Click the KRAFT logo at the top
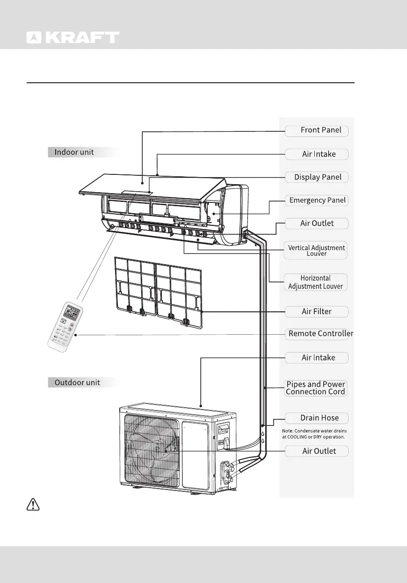73,37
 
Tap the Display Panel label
317,177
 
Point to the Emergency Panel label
317,200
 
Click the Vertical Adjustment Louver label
316,251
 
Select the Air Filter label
317,311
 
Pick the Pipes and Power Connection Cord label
315,388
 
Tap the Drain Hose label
317,417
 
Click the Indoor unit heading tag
75,152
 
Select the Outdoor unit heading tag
77,382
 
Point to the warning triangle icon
32,504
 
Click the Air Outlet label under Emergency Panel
317,223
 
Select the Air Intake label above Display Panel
317,154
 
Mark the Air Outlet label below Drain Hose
317,451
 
